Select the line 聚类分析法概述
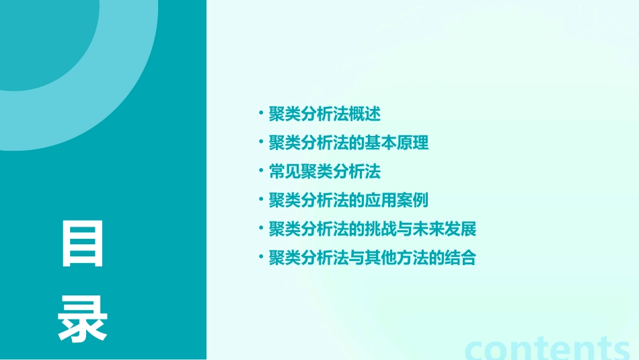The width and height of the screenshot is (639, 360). tap(324, 114)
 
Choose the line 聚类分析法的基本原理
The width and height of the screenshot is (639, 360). tap(348, 143)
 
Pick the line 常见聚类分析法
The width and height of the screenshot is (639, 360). tap(324, 172)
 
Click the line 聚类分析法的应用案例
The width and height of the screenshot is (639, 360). tap(348, 201)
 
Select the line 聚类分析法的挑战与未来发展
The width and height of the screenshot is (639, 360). tap(372, 229)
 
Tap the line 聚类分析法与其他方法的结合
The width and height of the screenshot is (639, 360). tap(372, 258)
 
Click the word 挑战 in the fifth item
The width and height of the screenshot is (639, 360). tap(381, 229)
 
